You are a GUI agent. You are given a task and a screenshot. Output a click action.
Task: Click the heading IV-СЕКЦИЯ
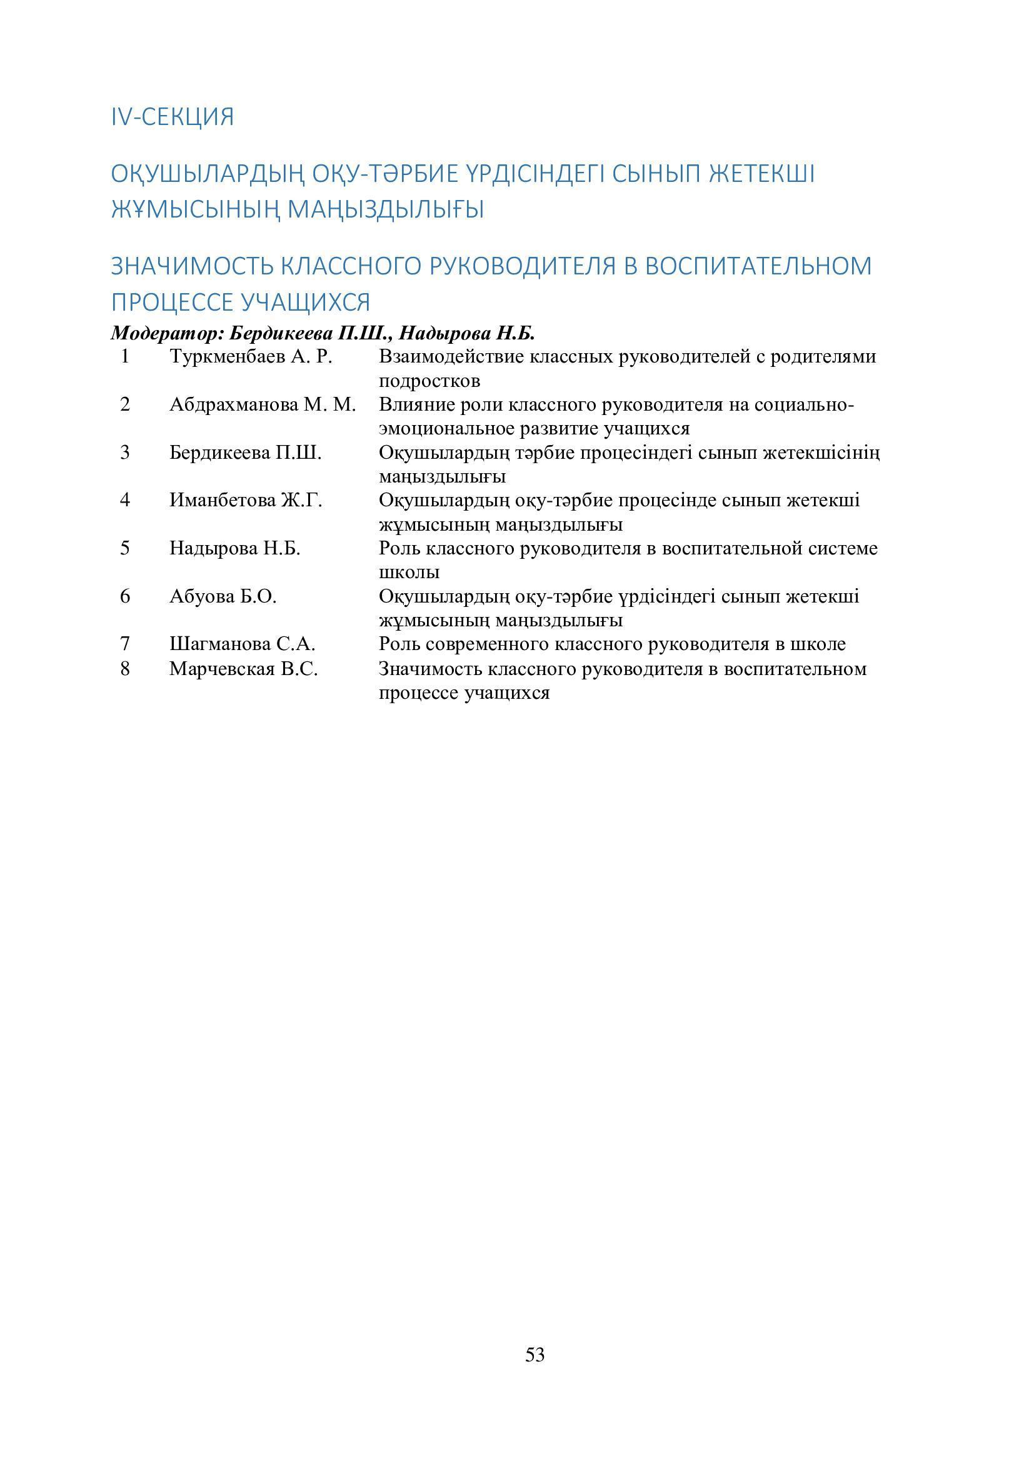pos(173,117)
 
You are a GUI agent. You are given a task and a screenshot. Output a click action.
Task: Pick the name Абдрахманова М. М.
pos(263,404)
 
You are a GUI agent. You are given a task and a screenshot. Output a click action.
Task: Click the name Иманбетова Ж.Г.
pos(246,501)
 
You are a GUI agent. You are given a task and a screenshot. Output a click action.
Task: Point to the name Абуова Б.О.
pos(223,597)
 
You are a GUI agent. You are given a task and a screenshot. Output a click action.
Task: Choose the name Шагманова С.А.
pos(243,644)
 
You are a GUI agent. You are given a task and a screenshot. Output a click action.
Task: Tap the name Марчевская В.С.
pos(243,669)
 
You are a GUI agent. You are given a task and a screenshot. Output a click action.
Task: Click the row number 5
pos(125,548)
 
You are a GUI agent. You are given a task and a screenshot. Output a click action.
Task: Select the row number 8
pos(125,669)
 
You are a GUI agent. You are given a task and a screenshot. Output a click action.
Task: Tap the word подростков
pos(429,381)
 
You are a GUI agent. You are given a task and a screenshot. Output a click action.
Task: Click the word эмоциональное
pos(446,429)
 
